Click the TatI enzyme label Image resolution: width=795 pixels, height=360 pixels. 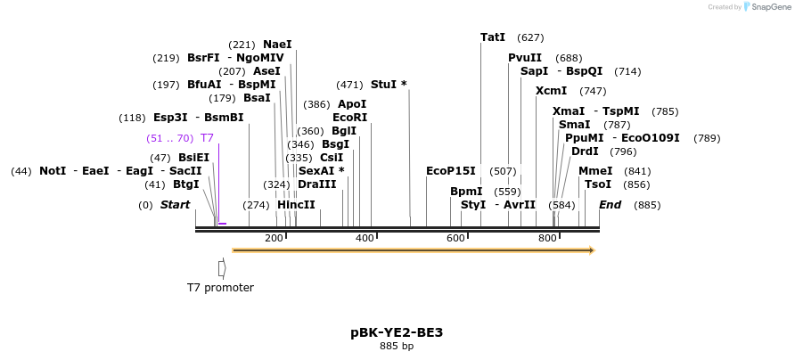[x=493, y=37]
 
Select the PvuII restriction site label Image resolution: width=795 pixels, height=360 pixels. [x=525, y=58]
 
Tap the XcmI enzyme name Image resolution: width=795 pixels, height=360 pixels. [x=551, y=91]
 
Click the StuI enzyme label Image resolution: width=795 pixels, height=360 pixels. [x=389, y=85]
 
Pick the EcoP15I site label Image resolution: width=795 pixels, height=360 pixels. [x=451, y=171]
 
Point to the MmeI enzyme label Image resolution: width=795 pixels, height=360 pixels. [x=595, y=171]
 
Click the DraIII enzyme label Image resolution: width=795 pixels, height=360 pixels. [x=317, y=184]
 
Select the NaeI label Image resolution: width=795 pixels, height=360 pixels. [x=277, y=45]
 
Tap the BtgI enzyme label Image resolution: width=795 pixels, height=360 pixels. [x=186, y=184]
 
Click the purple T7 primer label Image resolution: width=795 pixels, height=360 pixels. [x=207, y=138]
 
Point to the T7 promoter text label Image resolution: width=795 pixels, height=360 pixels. [x=220, y=288]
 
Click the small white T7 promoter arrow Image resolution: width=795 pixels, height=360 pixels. [x=222, y=267]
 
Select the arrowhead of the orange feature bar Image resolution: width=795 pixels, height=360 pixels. [x=590, y=250]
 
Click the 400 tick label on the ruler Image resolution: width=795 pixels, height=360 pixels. [x=365, y=238]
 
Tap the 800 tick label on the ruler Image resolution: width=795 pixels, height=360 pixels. [x=546, y=238]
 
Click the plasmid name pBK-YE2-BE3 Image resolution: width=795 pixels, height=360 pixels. [x=397, y=332]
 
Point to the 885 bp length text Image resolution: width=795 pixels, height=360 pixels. [x=397, y=346]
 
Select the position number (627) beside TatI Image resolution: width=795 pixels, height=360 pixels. [x=530, y=37]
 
